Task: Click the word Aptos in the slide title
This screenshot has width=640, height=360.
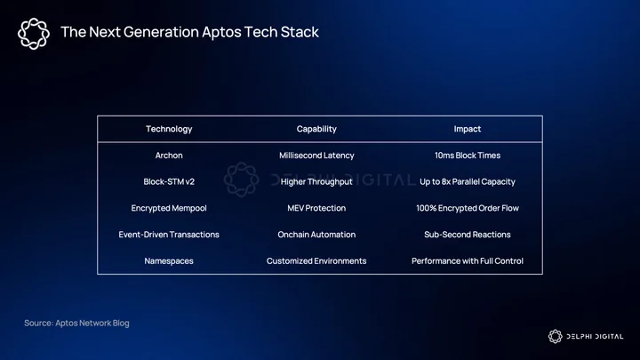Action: pos(221,33)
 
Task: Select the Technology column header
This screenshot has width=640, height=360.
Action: pos(169,129)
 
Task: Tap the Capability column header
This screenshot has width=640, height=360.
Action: pos(316,129)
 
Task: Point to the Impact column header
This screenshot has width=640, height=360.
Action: pos(468,129)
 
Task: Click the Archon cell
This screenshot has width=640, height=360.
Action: pos(169,156)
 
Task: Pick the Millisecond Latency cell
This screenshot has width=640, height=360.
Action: pos(316,156)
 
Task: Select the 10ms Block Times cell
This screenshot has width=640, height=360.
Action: pos(468,156)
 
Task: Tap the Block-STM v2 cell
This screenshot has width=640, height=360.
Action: pos(169,181)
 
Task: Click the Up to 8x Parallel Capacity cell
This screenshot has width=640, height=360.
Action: pos(468,181)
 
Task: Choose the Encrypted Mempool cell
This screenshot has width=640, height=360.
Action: pos(169,208)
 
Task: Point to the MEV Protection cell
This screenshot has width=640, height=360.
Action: pos(316,208)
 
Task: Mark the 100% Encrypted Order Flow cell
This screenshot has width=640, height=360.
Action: pos(468,208)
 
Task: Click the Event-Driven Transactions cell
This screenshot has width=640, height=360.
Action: pos(169,235)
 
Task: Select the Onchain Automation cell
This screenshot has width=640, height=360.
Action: pos(316,235)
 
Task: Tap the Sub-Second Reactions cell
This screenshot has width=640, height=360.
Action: pos(468,235)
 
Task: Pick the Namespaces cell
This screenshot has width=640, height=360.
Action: pos(169,261)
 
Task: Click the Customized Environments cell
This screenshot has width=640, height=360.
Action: pos(316,261)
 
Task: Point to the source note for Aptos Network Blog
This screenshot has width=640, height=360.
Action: pos(76,324)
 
